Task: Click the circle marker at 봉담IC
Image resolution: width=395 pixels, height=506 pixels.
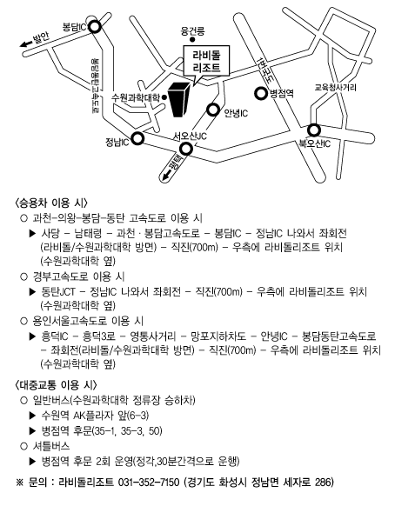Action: (x=95, y=27)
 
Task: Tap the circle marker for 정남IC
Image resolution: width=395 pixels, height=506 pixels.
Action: (x=138, y=138)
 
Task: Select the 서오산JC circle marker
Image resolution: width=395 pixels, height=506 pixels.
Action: (x=186, y=149)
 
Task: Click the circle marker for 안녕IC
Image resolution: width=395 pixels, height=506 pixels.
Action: (x=213, y=110)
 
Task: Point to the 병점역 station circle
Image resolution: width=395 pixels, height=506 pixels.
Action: (x=260, y=94)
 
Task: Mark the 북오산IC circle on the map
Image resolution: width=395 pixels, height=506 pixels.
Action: (x=313, y=130)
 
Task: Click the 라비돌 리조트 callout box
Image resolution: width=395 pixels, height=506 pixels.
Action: (x=206, y=62)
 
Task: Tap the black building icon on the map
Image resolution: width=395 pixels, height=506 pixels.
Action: (x=178, y=99)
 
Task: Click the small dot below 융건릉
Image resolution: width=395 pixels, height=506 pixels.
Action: (x=192, y=40)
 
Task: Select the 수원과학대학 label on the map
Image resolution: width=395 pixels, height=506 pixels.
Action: (x=136, y=97)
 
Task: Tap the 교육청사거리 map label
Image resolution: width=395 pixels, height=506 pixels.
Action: (x=335, y=87)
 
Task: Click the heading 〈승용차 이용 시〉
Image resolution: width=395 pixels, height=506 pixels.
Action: (x=51, y=203)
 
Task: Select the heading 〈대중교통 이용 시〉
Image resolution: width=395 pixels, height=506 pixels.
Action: (x=56, y=385)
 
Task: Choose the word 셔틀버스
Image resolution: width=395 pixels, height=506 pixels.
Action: (x=51, y=446)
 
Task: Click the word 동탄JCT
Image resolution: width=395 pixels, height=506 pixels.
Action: (x=58, y=291)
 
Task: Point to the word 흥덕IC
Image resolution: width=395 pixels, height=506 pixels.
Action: (x=55, y=336)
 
